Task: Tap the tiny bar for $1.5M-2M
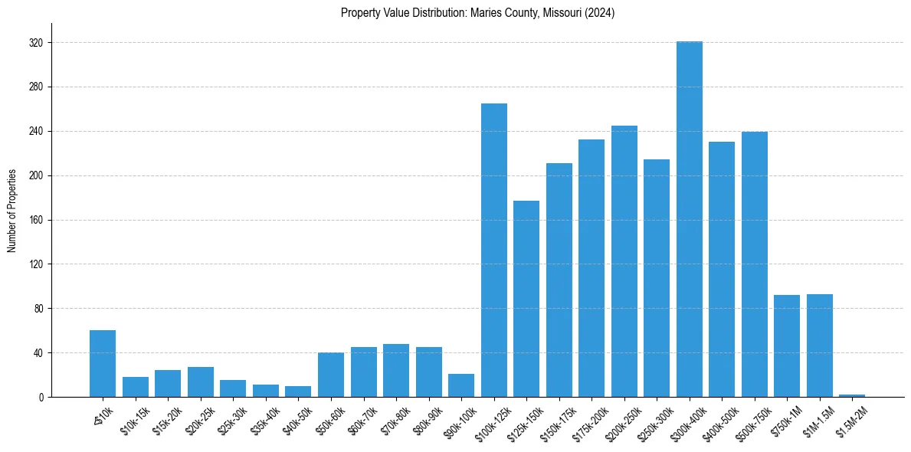point(851,395)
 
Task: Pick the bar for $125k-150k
point(526,299)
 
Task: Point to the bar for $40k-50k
point(298,391)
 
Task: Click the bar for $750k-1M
point(786,346)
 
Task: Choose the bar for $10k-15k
point(136,387)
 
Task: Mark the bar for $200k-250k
point(624,261)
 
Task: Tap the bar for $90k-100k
point(461,385)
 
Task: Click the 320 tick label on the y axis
point(36,43)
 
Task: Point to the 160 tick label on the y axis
point(36,220)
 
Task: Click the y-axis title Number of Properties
point(12,211)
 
